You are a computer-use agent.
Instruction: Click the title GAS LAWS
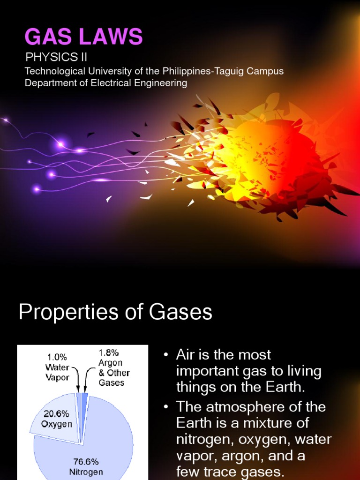[x=83, y=37]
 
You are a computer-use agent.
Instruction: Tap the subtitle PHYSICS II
[x=56, y=58]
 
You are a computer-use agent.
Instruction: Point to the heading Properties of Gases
[x=115, y=313]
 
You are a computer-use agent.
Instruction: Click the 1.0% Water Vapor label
[x=57, y=367]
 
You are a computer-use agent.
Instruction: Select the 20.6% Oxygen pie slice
[x=54, y=417]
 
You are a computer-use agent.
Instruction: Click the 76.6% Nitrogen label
[x=86, y=467]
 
